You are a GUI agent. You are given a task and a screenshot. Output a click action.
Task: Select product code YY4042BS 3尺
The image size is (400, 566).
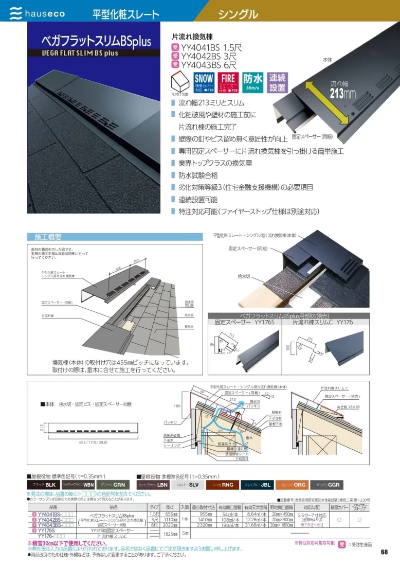tap(204, 56)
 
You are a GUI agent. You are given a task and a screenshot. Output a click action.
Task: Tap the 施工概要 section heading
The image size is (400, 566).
tap(48, 237)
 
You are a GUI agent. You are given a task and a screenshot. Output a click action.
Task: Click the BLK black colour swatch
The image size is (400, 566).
tap(43, 485)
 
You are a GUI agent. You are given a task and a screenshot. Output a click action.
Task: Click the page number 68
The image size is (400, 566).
tap(384, 552)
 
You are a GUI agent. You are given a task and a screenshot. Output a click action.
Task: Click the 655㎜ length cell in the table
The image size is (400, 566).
tap(171, 514)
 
